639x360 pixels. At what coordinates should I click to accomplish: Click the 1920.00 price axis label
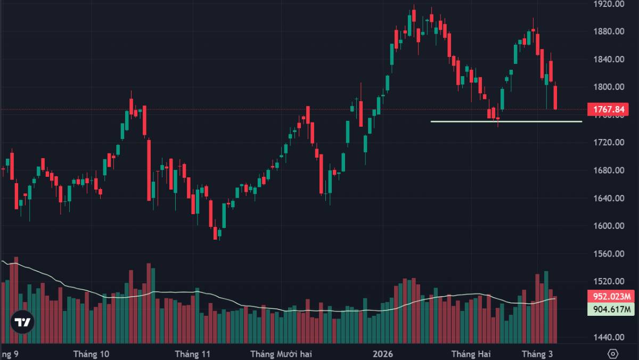[609, 4]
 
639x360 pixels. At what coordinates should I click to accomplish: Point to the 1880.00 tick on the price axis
[609, 31]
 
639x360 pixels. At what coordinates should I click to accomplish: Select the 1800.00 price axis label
[609, 87]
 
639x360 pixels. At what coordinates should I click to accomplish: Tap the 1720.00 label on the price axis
[609, 143]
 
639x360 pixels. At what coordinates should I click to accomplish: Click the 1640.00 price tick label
[609, 198]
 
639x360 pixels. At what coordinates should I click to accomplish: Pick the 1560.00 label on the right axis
[609, 254]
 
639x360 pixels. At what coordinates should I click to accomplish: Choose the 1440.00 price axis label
[609, 337]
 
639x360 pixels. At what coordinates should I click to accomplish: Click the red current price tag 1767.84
[608, 110]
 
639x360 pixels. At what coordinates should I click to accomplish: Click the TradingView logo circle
[22, 322]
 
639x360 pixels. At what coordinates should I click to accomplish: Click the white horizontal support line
[506, 121]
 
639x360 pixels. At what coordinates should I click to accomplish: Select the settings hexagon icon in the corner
[613, 354]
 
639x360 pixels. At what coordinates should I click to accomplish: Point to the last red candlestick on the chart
[555, 98]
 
